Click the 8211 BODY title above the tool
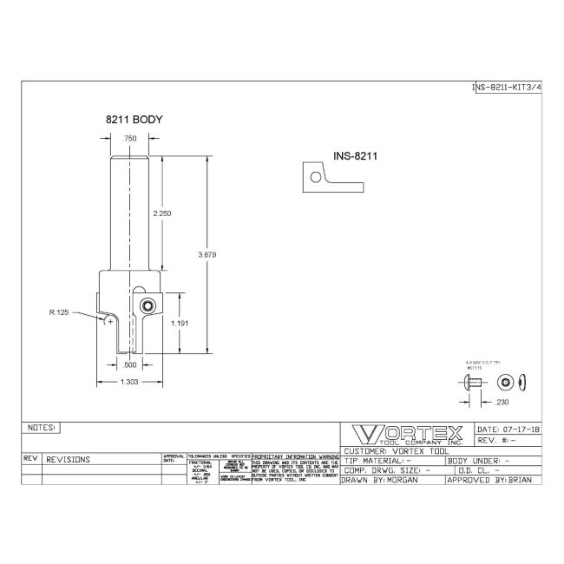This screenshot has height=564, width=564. [134, 120]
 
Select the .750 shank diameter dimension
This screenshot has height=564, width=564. [129, 139]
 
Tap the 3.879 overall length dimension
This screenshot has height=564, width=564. [207, 255]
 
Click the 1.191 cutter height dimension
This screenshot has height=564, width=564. [180, 322]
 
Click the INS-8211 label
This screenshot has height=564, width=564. [354, 157]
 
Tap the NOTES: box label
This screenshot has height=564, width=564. [41, 428]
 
